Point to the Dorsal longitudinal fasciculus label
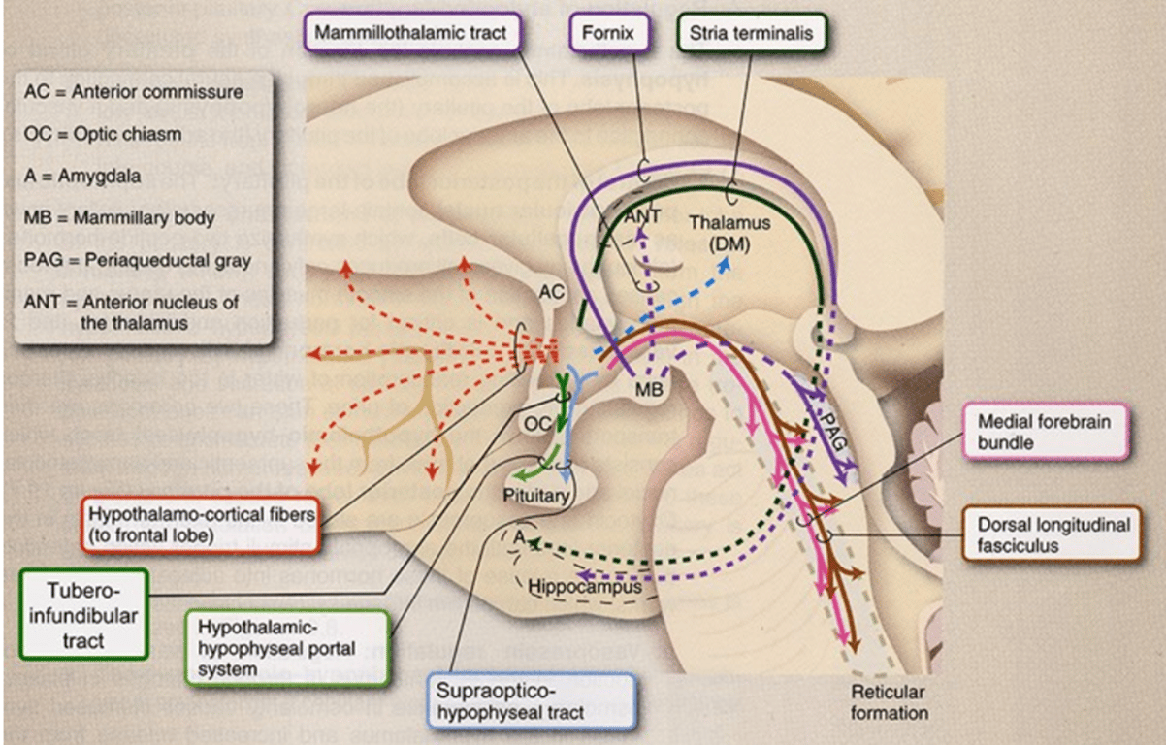(1053, 534)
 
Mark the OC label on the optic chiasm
(536, 424)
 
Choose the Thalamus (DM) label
(729, 233)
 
